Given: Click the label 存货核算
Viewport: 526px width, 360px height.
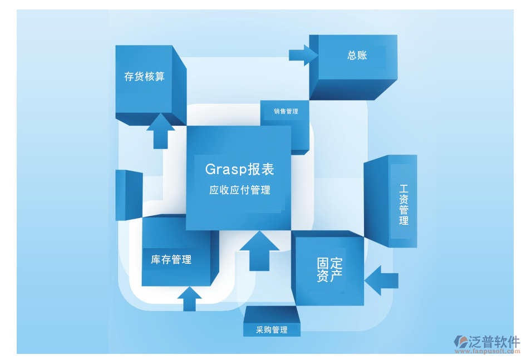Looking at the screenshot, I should point(144,77).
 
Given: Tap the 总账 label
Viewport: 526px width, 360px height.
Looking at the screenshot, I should point(357,55).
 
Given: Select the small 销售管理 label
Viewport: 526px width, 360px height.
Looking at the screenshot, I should point(286,111).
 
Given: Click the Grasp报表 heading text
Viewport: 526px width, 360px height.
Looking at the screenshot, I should point(239,169).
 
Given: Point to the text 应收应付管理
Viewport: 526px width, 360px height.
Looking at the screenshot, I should point(239,190).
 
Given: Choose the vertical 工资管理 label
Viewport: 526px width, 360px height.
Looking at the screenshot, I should point(404,205).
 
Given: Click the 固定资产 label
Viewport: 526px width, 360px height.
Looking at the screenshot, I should point(330,269).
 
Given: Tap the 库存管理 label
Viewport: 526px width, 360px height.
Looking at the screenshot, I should point(171,259).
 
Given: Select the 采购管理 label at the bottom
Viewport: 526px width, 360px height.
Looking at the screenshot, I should point(272,330).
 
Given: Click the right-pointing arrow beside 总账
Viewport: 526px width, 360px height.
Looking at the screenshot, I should point(303,55).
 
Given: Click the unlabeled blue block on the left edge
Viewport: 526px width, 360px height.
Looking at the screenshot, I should point(128,195).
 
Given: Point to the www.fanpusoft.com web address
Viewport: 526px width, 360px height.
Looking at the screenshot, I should point(488,352).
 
